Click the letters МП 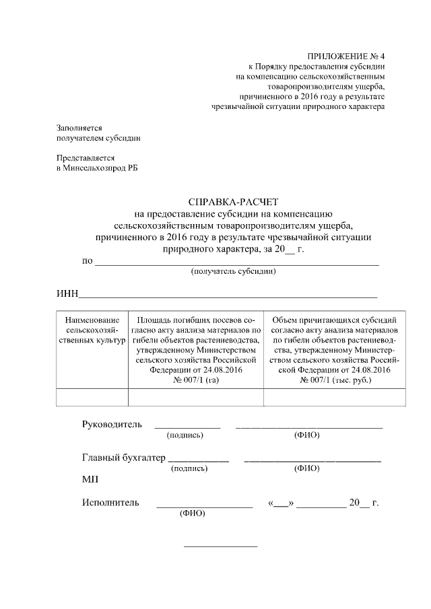click(x=90, y=479)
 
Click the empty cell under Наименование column click(x=92, y=398)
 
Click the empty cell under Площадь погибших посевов click(x=195, y=398)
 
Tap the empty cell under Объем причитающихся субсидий click(x=335, y=398)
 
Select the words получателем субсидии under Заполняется click(x=98, y=138)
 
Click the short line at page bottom click(x=221, y=546)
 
